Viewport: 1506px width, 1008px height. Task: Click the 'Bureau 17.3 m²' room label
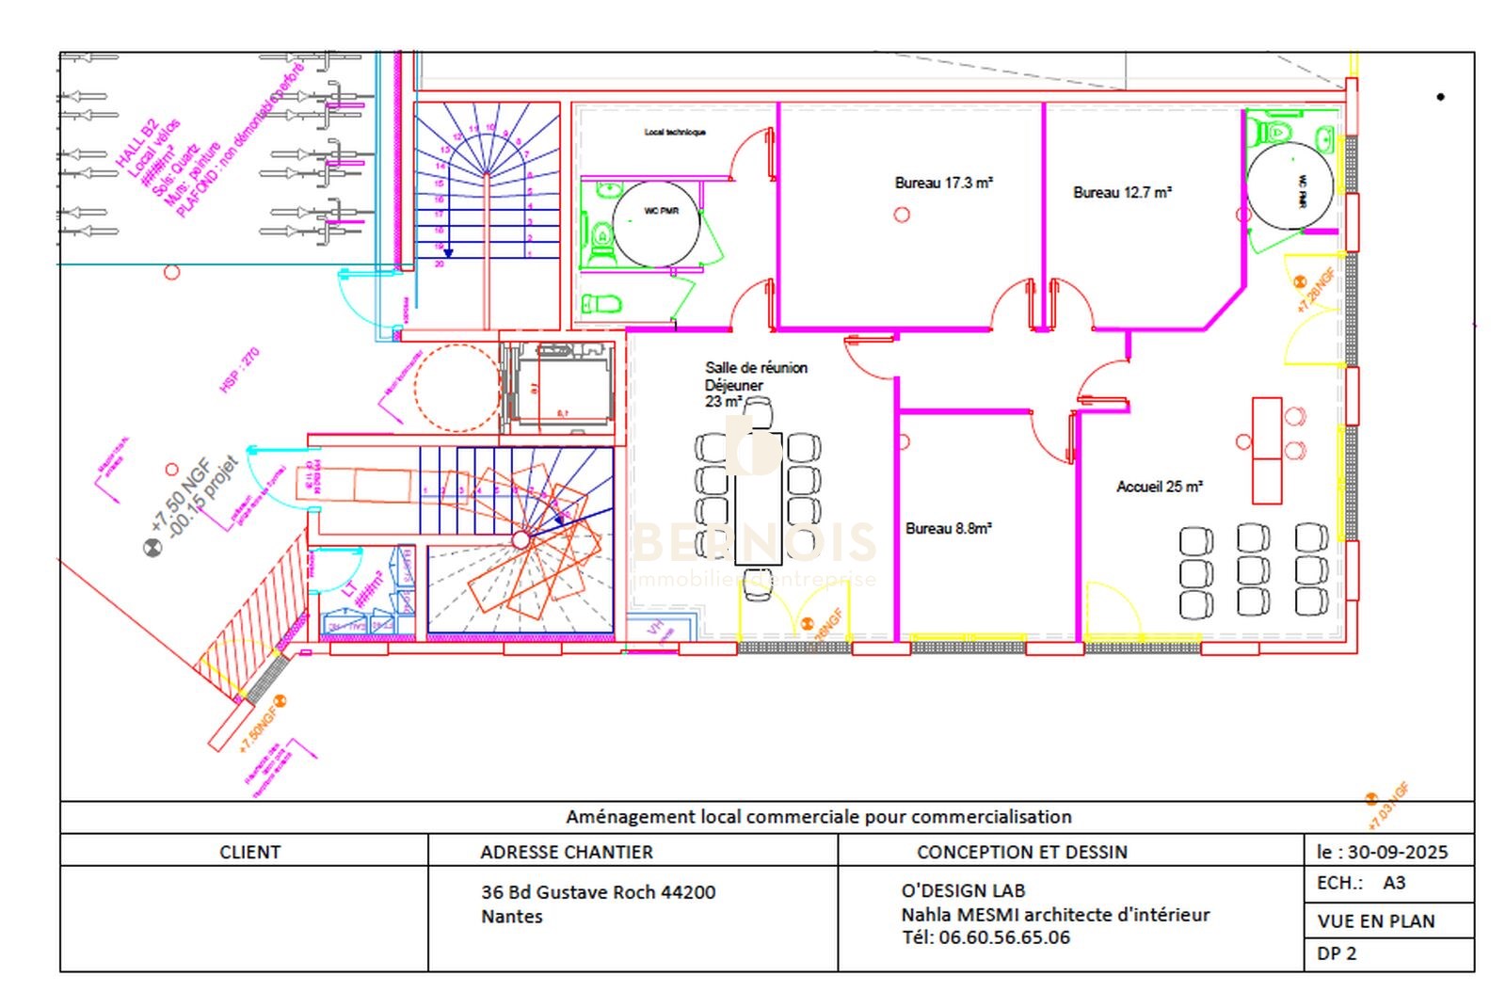943,183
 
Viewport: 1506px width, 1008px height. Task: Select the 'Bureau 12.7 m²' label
1122,192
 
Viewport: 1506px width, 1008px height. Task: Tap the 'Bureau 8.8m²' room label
948,529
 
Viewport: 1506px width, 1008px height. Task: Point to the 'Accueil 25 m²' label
1159,487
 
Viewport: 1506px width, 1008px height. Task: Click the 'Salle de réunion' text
756,368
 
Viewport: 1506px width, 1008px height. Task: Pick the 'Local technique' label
675,133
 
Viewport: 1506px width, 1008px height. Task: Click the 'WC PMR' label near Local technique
661,211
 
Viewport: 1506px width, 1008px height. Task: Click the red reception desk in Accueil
1267,451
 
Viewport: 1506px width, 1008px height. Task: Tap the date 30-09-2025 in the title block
1397,852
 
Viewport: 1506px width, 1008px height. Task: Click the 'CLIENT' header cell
249,852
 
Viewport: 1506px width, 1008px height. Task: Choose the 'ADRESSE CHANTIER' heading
566,852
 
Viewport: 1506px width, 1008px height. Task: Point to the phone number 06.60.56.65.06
1003,937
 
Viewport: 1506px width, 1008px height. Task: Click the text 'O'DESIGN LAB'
963,890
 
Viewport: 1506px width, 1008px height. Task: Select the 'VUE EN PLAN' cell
1375,921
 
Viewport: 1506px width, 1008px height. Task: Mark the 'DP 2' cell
1337,953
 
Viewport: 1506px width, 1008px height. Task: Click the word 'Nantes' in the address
511,917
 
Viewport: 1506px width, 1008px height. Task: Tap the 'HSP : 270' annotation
239,371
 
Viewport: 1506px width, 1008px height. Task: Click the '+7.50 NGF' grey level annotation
179,496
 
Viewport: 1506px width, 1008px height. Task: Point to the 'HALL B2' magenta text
135,144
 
